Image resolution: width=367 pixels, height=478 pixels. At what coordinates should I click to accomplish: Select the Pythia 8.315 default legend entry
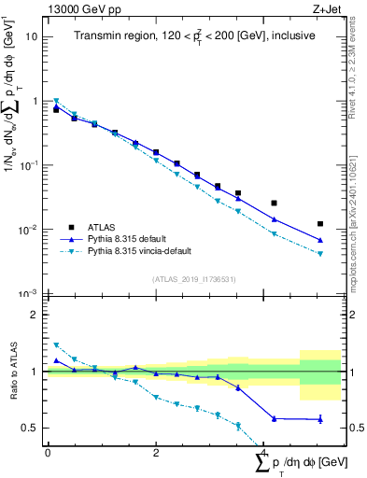click(x=134, y=238)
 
